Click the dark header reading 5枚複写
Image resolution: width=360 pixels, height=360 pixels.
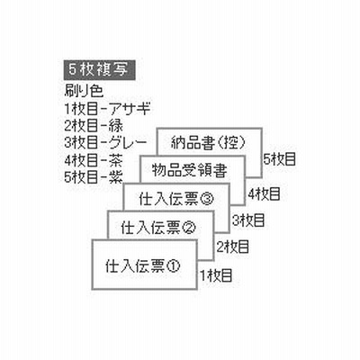point(99,70)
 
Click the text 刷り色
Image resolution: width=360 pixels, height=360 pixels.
point(84,91)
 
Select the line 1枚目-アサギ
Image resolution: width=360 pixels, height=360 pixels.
point(107,109)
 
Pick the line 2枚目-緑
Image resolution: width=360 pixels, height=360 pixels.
point(94,126)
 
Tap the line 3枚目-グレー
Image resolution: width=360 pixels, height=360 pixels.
point(105,143)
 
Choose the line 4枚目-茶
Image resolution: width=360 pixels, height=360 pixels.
point(94,160)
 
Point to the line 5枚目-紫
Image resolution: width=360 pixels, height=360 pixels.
point(94,177)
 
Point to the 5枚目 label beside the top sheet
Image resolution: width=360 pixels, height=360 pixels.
point(280,159)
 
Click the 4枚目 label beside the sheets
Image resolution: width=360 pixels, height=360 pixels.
point(264,193)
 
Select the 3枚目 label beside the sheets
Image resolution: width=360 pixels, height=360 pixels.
point(248,220)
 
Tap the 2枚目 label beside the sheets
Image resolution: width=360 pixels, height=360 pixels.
point(233,247)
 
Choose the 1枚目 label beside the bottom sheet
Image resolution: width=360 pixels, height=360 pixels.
point(217,275)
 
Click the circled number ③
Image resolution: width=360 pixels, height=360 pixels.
point(207,199)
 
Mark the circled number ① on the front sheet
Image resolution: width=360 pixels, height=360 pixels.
point(174,265)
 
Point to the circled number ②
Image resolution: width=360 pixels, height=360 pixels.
point(188,227)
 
